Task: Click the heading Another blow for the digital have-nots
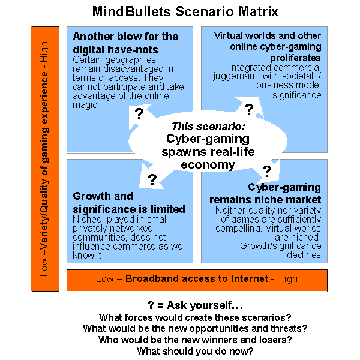125,43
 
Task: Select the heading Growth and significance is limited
128,202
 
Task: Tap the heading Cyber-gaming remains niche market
265,193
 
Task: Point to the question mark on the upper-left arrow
139,114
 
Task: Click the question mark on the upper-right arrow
249,109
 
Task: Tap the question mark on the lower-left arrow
152,179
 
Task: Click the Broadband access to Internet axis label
197,279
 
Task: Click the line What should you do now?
196,351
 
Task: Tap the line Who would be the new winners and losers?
196,340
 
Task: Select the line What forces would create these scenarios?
196,317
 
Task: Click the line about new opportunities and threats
196,328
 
